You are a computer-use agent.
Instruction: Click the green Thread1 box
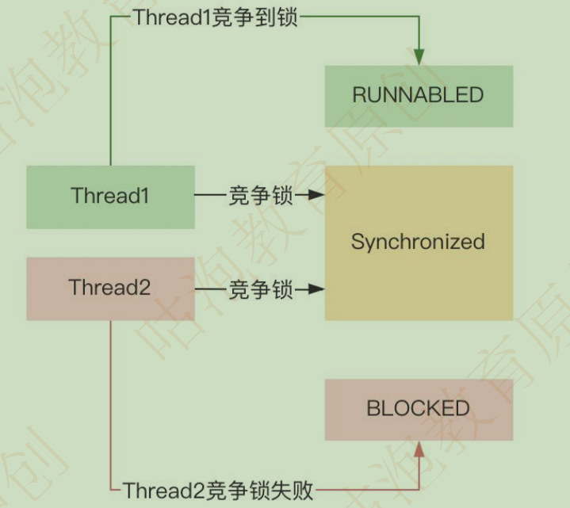pos(110,197)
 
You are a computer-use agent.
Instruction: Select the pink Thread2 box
pos(110,288)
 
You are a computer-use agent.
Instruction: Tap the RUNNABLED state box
pos(419,96)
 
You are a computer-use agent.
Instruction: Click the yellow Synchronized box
pos(419,242)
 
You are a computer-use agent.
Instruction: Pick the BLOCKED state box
pos(419,409)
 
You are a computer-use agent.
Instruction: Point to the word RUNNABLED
pos(419,96)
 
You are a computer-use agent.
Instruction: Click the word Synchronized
pos(419,242)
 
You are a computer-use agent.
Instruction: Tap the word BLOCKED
pos(419,409)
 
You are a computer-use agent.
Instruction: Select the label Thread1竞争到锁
pos(215,18)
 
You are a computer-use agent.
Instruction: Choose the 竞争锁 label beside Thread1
pos(261,195)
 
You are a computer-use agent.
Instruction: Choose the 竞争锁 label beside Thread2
pos(261,290)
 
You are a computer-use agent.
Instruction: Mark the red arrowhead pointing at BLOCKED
pos(419,451)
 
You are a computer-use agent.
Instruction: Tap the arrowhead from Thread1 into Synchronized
pos(316,195)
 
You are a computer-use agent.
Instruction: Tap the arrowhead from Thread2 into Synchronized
pos(316,290)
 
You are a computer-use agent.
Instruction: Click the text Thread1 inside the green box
pos(110,197)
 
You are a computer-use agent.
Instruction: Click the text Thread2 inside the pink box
pos(110,288)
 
